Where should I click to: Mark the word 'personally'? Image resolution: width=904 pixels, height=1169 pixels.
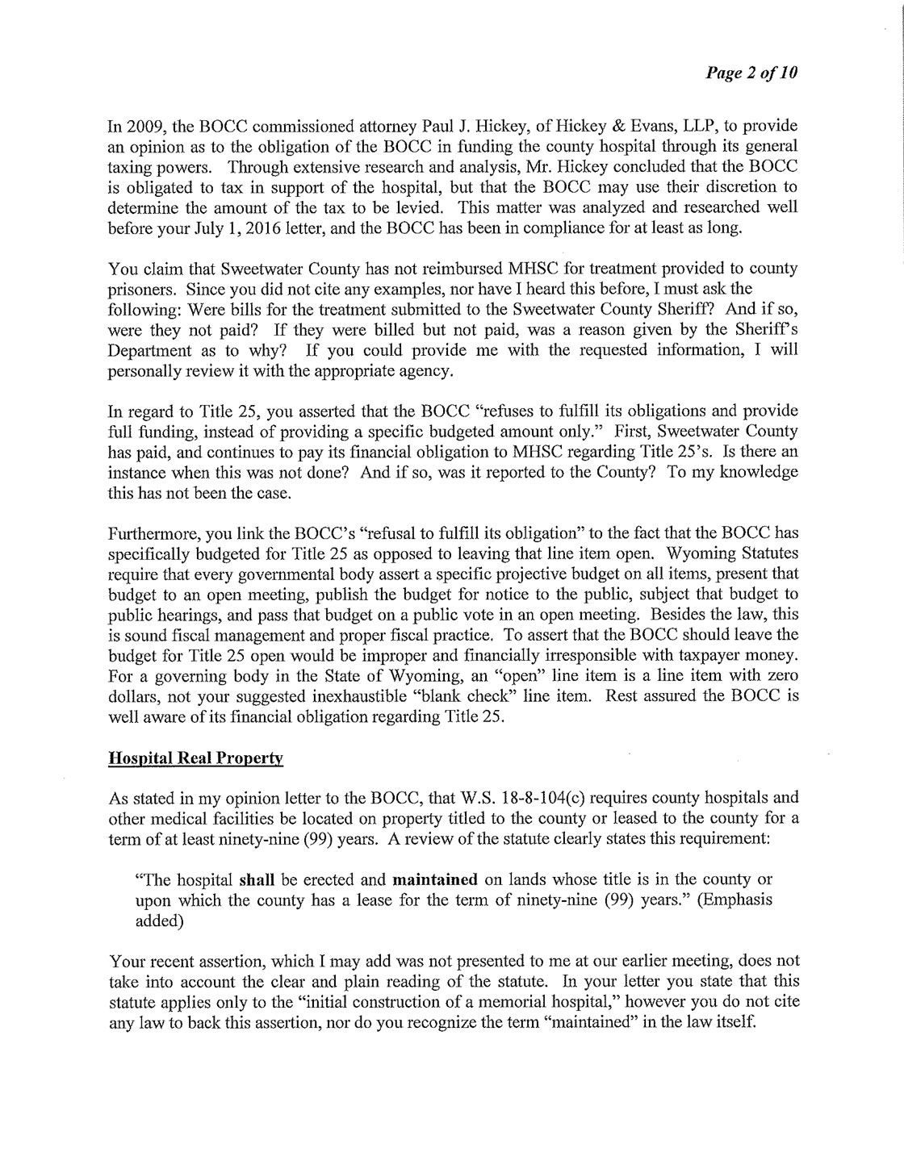pos(142,373)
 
